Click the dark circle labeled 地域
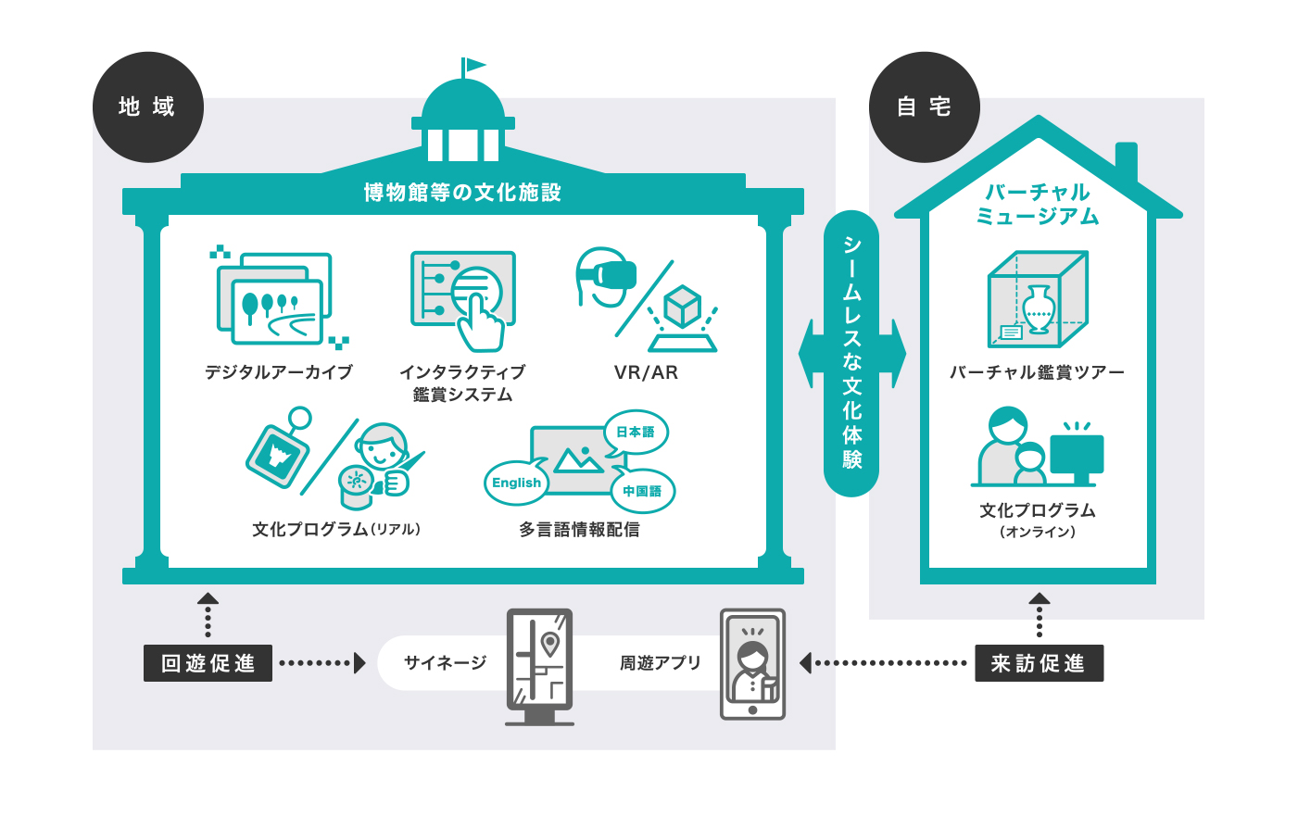(147, 107)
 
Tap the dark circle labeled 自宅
(924, 107)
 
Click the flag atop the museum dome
(474, 65)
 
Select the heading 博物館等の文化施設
(462, 193)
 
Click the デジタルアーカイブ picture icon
(274, 297)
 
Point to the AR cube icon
(683, 308)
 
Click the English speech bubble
(516, 483)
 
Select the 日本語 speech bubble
(636, 432)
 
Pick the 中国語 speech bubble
(642, 491)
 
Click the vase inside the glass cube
(1038, 308)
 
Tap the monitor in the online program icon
(1077, 456)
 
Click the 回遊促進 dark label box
(208, 663)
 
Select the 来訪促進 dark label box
(1039, 663)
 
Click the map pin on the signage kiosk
(550, 643)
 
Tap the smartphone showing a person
(752, 664)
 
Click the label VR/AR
(646, 372)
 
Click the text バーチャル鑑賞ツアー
(1037, 372)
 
